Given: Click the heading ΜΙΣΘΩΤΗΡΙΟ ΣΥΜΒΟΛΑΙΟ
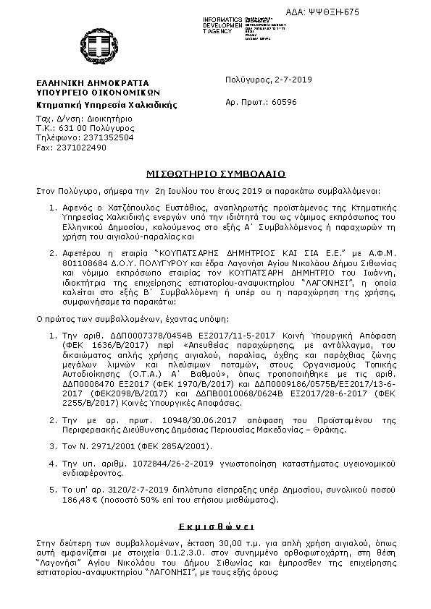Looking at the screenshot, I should point(216,174).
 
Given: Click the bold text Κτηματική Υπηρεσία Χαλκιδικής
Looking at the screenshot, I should point(107,104).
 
